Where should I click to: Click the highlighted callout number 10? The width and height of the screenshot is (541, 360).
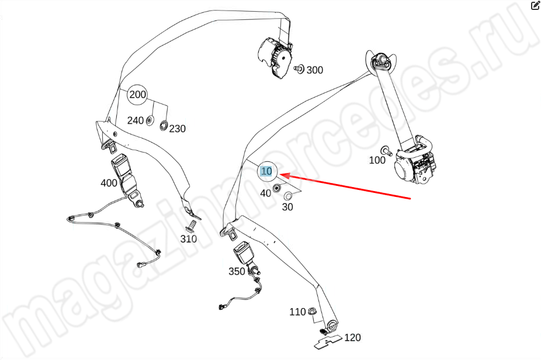tap(266, 171)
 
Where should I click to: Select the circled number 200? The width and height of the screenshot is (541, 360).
tap(137, 94)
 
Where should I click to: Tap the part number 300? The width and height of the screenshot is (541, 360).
tap(315, 70)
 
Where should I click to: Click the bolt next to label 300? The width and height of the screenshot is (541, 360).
tap(299, 69)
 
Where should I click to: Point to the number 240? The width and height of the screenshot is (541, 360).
tap(136, 121)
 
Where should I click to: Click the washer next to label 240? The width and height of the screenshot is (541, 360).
tap(150, 121)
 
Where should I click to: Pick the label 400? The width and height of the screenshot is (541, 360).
tap(109, 183)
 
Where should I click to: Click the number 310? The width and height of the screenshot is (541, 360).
tap(188, 239)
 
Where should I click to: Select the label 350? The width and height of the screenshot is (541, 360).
tap(237, 272)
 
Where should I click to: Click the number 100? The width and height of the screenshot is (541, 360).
tap(377, 160)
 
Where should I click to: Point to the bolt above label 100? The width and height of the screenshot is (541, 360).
tap(386, 151)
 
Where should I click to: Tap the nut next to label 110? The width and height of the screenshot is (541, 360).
tap(311, 310)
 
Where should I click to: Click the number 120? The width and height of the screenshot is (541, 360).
tap(352, 338)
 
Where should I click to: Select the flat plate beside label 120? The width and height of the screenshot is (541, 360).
tap(328, 341)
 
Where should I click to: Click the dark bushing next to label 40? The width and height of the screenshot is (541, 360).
tap(276, 188)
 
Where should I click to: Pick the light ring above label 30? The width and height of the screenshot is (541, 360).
tap(288, 196)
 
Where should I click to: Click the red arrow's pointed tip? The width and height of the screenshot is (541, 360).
tap(279, 175)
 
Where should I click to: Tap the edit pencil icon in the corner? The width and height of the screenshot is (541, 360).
tap(535, 5)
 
